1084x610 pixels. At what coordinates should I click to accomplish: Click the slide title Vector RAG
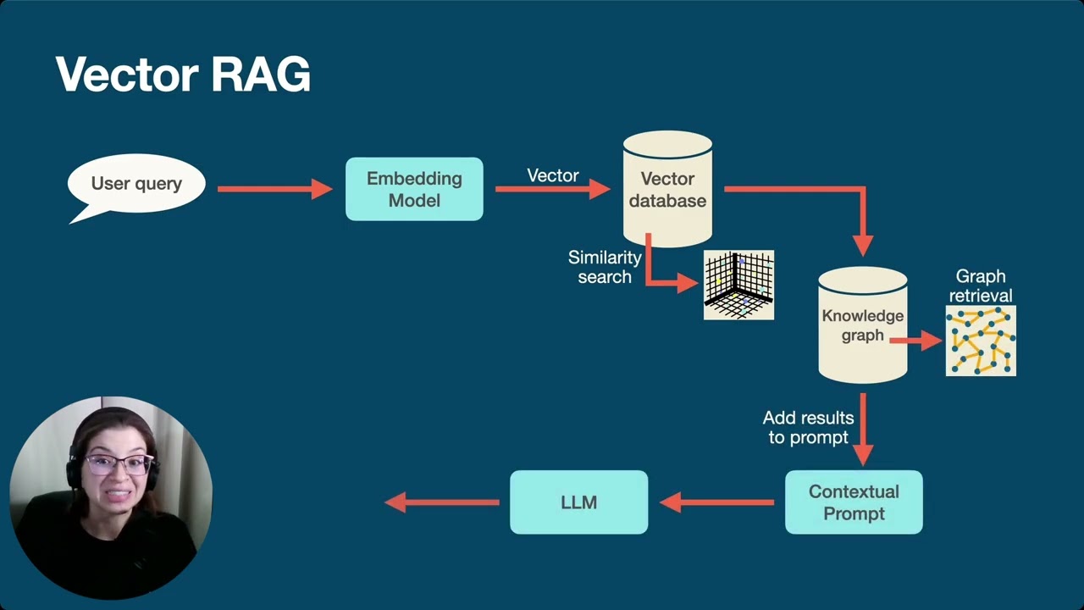(183, 75)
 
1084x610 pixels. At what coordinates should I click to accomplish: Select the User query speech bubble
(136, 184)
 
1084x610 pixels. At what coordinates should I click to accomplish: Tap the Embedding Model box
(414, 189)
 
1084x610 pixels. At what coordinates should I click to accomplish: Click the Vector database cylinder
(667, 190)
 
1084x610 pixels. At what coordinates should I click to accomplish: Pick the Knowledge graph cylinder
(862, 326)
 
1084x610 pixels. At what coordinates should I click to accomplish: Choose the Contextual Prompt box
(854, 502)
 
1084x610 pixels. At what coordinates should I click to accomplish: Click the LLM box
(578, 502)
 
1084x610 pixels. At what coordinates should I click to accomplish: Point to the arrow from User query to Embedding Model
(275, 189)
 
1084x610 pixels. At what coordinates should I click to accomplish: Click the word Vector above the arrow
(553, 175)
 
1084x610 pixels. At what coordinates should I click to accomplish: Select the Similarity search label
(605, 267)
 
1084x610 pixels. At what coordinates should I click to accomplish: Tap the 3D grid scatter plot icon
(738, 285)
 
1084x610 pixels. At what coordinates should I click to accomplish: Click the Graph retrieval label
(981, 286)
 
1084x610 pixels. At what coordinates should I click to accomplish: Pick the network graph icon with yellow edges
(981, 341)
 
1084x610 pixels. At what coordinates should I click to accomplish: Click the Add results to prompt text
(808, 428)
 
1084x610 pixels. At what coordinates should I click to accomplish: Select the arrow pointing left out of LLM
(441, 502)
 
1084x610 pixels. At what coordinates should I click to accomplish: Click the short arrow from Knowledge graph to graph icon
(915, 341)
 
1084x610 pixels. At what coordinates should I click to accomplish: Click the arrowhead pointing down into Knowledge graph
(862, 244)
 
